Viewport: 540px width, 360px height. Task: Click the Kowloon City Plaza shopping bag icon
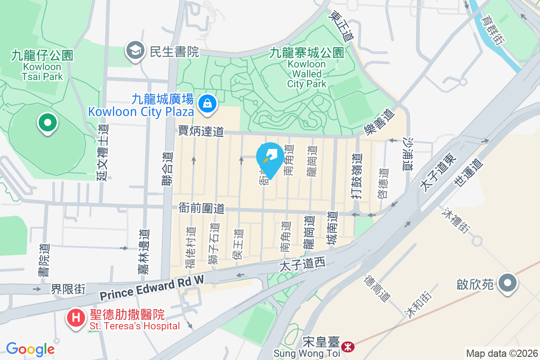coord(208,103)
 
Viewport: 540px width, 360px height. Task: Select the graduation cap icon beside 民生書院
coord(135,51)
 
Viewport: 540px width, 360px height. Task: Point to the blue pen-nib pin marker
coord(270,157)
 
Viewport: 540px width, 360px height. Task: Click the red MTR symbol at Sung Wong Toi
coord(347,347)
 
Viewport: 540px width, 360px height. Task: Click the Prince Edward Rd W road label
coord(152,289)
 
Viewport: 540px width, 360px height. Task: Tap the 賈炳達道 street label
coord(201,131)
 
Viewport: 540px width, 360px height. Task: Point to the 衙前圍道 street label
coord(201,208)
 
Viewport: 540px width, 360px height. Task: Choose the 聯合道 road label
coord(167,168)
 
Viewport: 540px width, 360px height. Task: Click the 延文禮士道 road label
coord(103,152)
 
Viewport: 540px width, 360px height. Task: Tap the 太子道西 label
coord(302,265)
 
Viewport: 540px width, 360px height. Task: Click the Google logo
coord(30,349)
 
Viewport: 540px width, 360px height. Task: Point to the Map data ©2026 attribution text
coord(502,353)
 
